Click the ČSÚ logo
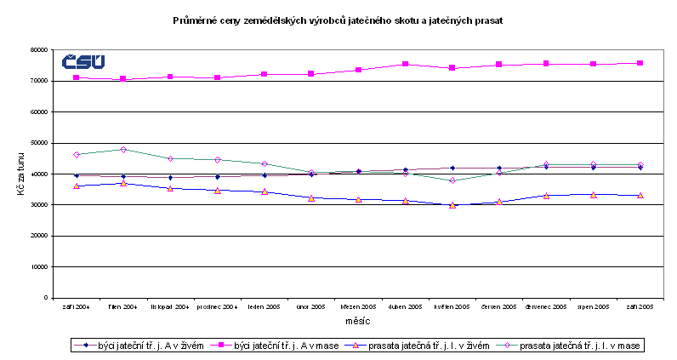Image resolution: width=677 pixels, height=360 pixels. (x=83, y=61)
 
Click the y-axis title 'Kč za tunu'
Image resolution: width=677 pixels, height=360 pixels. (x=21, y=174)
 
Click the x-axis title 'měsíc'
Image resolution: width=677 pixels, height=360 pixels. (x=357, y=320)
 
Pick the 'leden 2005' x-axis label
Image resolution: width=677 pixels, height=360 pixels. (x=264, y=306)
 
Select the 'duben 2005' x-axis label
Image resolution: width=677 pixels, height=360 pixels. (x=405, y=306)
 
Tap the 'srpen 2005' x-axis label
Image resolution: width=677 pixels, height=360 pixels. (x=593, y=306)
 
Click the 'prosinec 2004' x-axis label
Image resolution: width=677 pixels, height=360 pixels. (x=217, y=306)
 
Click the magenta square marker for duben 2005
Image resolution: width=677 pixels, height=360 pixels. (x=405, y=64)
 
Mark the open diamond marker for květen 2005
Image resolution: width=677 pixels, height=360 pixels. (x=452, y=180)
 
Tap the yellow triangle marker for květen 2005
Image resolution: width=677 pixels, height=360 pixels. (x=452, y=205)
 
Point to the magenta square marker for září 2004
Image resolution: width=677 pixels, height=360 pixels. (x=77, y=77)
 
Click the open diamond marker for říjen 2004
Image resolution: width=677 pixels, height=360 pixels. (x=123, y=150)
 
